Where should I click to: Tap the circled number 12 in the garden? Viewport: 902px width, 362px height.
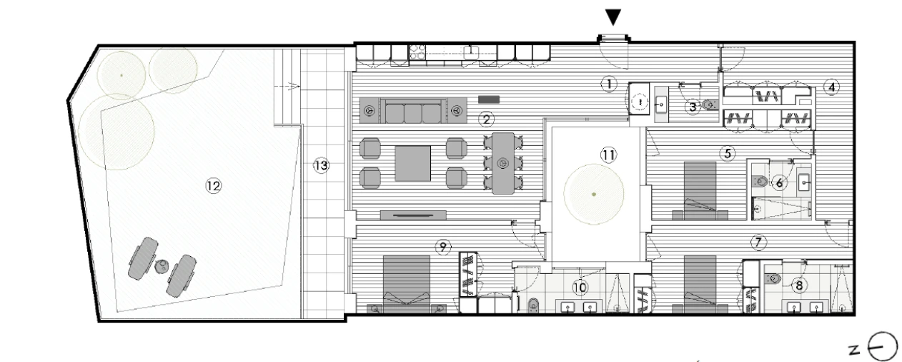click(213, 185)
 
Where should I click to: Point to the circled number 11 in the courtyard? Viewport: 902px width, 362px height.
click(608, 154)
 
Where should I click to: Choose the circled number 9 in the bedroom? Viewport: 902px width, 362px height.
click(443, 247)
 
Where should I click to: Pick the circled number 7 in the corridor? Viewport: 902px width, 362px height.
click(759, 241)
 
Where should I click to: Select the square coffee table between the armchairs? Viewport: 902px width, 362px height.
click(413, 164)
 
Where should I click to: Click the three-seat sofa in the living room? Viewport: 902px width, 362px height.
click(412, 112)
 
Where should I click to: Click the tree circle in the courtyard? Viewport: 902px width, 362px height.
click(593, 194)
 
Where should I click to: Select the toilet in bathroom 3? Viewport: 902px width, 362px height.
click(709, 105)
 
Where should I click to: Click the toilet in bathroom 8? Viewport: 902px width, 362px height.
click(773, 277)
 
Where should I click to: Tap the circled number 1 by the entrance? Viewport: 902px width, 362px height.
click(608, 84)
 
